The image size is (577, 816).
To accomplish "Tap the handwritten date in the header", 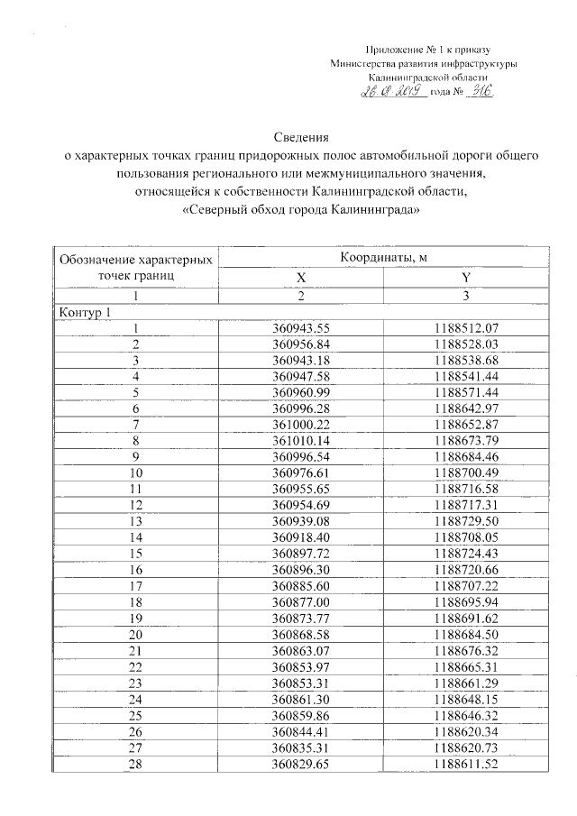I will point(394,93).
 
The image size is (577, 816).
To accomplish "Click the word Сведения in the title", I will point(298,139).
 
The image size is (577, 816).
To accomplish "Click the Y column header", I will point(466,278).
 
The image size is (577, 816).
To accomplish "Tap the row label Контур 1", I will point(85,313).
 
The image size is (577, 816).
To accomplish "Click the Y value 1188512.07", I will point(466,329).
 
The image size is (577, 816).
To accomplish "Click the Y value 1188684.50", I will point(466,631).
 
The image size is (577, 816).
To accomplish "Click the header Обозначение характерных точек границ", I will point(136,268).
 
